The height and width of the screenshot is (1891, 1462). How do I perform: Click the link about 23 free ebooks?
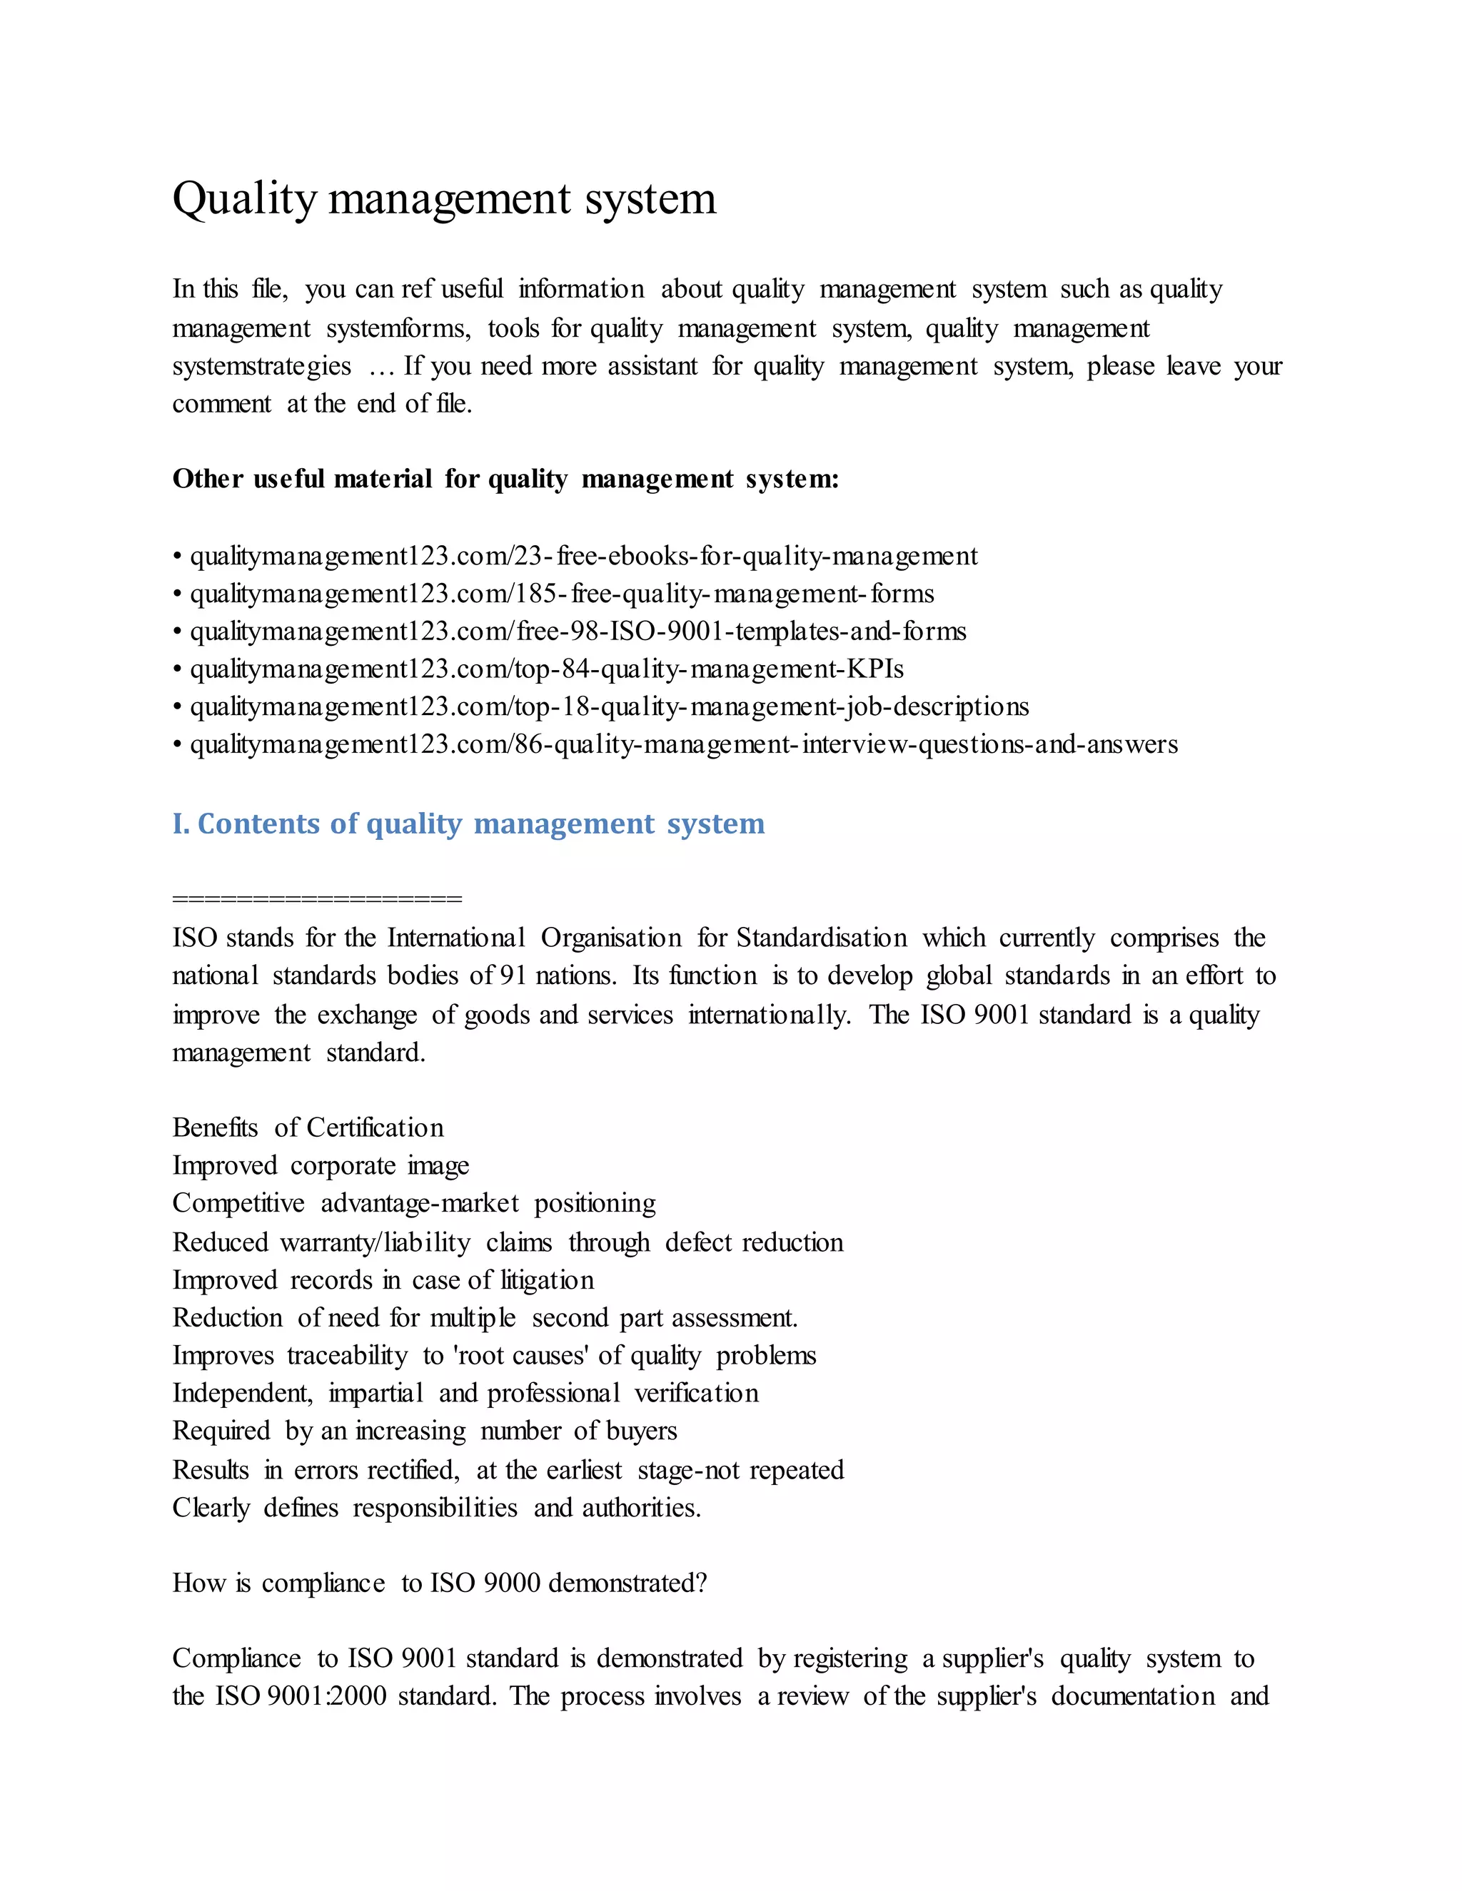583,556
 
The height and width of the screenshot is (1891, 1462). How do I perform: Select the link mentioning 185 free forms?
561,594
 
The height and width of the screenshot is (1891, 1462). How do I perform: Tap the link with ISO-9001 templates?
578,632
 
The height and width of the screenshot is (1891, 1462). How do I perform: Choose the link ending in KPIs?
547,669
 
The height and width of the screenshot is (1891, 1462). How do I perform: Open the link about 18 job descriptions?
609,706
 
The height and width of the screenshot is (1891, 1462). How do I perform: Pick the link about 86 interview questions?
683,744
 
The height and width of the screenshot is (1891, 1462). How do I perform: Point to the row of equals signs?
317,898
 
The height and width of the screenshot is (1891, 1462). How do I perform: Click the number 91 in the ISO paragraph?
513,975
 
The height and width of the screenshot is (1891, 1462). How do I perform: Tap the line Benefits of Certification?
308,1127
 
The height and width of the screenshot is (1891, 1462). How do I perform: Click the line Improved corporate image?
321,1165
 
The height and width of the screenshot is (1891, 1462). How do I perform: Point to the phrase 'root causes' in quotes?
520,1355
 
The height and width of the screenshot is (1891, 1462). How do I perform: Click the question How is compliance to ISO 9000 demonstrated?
439,1583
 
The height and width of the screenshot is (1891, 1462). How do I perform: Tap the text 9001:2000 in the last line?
326,1695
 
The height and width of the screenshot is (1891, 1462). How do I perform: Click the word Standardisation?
821,938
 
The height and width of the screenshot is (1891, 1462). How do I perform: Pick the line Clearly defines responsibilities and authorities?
435,1507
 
